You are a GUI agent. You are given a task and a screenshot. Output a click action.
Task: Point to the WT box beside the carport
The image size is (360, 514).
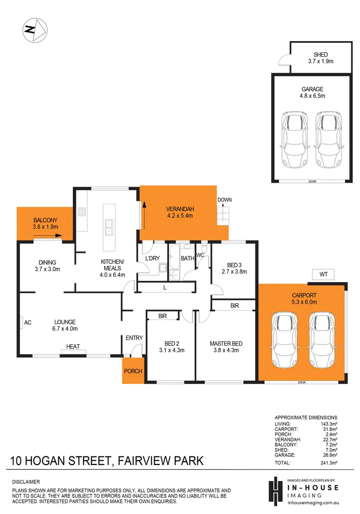323,275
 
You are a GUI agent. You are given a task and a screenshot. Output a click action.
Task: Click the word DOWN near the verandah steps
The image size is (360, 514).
224,200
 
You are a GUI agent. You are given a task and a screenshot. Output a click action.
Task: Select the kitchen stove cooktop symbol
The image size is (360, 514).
82,212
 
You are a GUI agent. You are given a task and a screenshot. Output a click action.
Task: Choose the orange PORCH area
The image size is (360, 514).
132,371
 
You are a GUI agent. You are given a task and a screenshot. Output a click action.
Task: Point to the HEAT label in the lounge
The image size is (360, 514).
73,347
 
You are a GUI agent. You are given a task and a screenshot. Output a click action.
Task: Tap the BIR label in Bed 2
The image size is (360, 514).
163,316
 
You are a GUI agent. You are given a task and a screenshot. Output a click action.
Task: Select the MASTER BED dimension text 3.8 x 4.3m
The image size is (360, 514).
226,350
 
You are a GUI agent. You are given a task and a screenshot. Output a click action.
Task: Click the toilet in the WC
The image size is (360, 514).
204,249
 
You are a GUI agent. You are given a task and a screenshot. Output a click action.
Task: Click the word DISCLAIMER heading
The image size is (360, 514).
26,481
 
